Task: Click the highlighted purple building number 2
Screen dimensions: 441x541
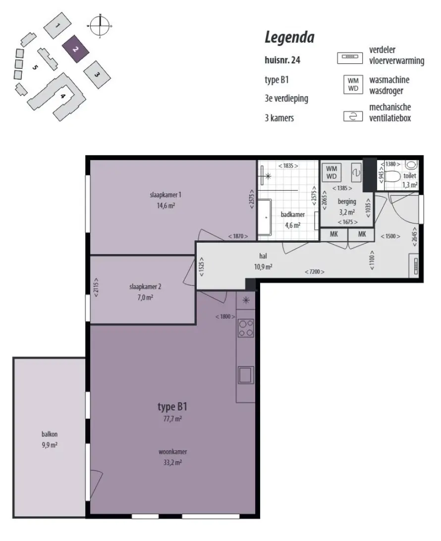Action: tap(76, 50)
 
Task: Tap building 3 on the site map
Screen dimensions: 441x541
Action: tap(97, 74)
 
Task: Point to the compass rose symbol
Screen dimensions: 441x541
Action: tap(100, 26)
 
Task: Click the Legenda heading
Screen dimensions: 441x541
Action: tap(289, 38)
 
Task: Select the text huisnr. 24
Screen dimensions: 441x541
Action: tap(282, 60)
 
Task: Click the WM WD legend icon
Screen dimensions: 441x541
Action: tap(353, 85)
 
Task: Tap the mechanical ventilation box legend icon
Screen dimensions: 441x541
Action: tap(353, 116)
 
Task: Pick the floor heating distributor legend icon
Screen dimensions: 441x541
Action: tap(350, 57)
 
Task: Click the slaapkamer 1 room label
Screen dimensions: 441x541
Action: tap(165, 195)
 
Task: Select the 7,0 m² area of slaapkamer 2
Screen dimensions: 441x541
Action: tap(145, 297)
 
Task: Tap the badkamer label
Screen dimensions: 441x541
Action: tap(293, 215)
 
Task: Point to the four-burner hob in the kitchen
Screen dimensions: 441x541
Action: tap(246, 328)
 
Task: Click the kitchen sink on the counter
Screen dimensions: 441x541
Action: tap(245, 375)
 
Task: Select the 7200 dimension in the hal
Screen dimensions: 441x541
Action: tap(314, 272)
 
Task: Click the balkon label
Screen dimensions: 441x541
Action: tap(50, 434)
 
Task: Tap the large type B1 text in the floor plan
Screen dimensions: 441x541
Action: tap(172, 407)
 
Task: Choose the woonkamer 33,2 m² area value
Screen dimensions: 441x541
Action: tap(172, 463)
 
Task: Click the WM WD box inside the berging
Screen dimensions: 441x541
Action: tap(331, 172)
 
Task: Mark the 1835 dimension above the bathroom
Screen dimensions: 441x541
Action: tap(288, 165)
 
